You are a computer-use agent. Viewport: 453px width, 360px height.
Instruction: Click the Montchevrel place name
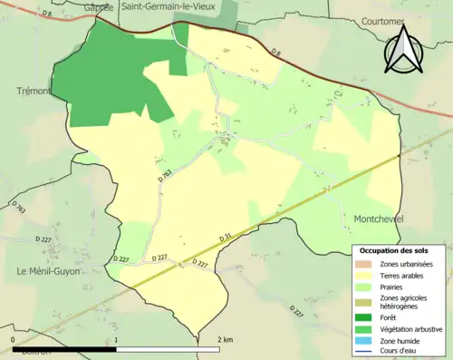pos(374,219)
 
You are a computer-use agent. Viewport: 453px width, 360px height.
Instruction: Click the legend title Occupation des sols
pos(395,249)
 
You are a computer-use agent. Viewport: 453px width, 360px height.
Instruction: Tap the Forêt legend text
pos(389,317)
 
